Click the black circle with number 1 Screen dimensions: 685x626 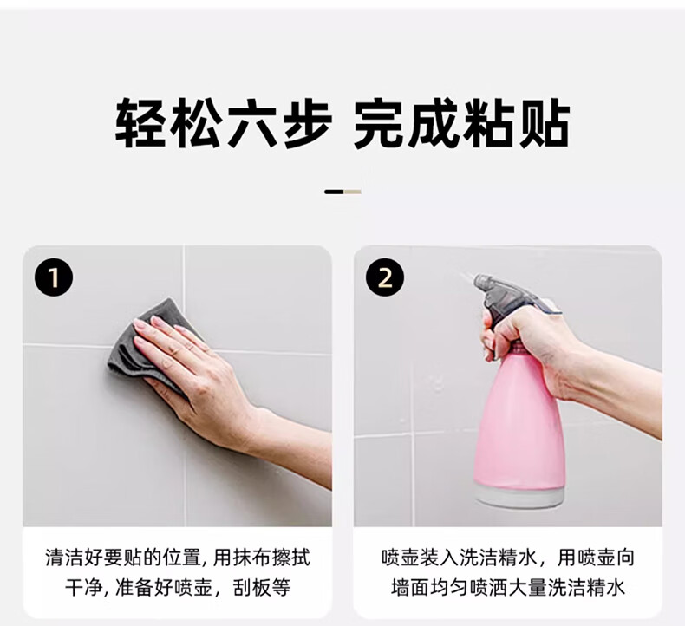54,277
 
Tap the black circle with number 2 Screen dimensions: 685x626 385,277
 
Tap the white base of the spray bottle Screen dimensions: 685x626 519,496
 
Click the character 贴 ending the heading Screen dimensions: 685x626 545,123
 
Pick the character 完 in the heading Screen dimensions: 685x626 378,123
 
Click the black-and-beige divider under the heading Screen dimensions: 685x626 342,192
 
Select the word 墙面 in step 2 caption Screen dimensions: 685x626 411,588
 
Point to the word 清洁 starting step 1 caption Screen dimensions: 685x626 65,558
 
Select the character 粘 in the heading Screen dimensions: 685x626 489,123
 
